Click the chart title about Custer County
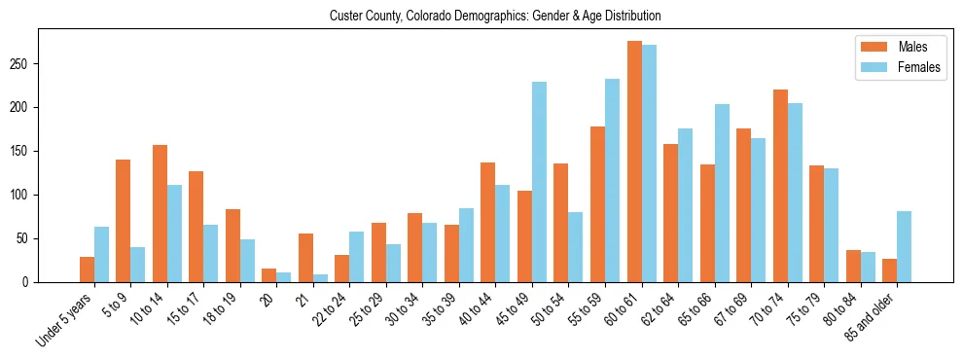[x=495, y=16]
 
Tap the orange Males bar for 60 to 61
[x=634, y=162]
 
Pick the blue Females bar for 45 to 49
[x=539, y=182]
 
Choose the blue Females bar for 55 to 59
[x=612, y=180]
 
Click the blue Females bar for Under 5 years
[x=101, y=254]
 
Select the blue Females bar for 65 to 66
[x=722, y=193]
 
